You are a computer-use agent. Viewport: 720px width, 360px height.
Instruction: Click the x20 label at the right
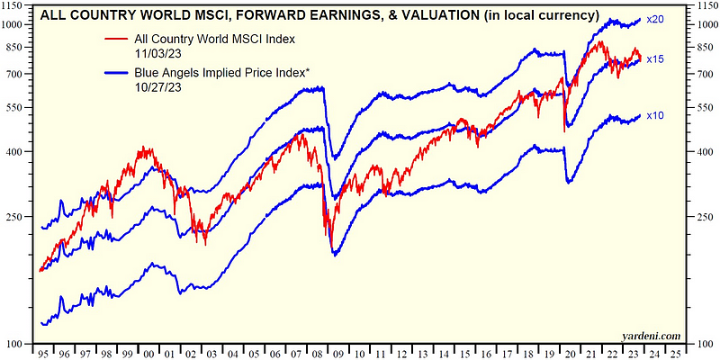point(656,20)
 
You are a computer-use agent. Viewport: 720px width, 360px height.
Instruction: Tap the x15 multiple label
point(656,59)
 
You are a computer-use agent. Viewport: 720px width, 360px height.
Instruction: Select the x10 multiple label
point(656,115)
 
